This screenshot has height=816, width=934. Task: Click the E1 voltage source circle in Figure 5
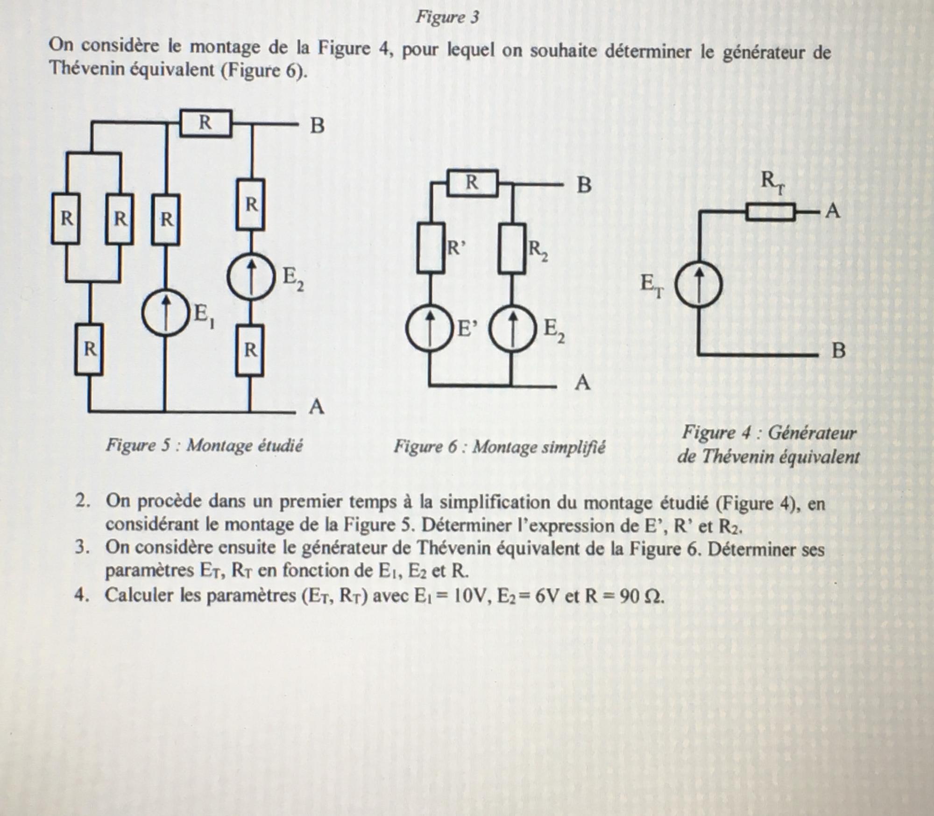pos(165,313)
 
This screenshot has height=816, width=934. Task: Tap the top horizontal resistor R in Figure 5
pos(205,123)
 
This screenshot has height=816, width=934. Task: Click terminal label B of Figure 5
pos(317,126)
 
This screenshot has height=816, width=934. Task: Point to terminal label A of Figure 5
pos(317,408)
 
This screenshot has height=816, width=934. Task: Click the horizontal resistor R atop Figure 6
pos(473,183)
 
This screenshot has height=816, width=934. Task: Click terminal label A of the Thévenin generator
pos(832,212)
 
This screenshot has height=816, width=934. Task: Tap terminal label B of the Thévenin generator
pos(839,351)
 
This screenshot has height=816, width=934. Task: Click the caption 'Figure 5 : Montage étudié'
pos(204,445)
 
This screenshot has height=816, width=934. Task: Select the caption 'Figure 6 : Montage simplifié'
pos(499,447)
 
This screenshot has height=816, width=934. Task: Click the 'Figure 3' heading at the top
pos(447,17)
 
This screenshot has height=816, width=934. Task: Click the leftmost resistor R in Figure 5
pos(65,219)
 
